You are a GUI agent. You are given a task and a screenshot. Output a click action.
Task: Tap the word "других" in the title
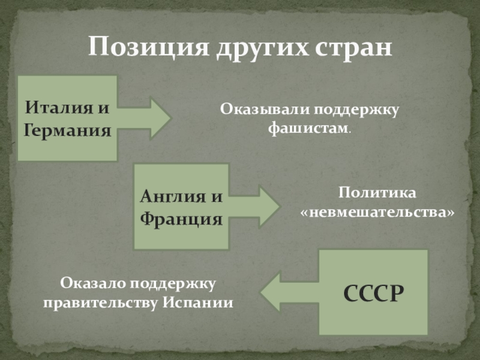pyautogui.click(x=256, y=47)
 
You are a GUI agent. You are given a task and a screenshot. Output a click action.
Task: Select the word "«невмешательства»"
pyautogui.click(x=376, y=212)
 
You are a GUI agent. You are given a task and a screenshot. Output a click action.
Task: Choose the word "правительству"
pyautogui.click(x=100, y=302)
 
